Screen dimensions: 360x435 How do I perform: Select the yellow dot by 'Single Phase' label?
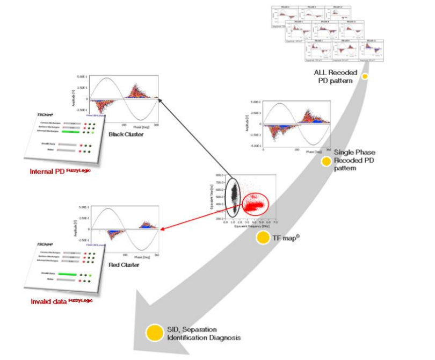click(x=326, y=161)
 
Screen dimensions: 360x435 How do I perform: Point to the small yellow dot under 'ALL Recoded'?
click(x=364, y=77)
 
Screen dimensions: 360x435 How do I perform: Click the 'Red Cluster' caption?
click(x=124, y=264)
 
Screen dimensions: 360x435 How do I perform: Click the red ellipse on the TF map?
click(x=256, y=205)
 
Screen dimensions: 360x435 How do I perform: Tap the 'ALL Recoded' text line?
click(x=336, y=71)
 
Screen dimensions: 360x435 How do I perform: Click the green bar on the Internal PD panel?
click(x=71, y=132)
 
